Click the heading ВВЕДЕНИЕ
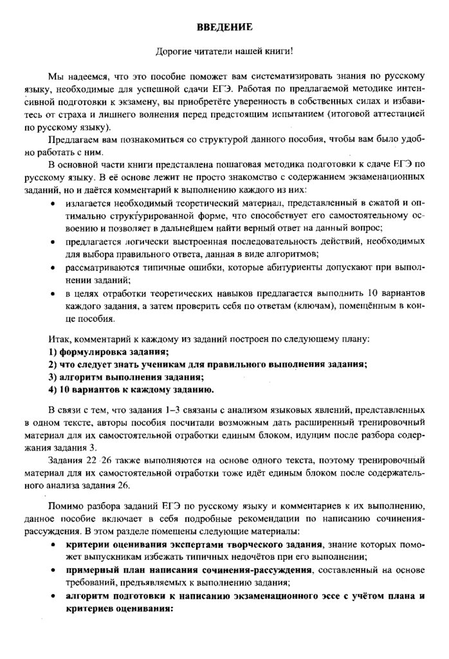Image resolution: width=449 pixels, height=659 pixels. tap(224, 28)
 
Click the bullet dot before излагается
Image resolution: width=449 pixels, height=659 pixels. tap(52, 205)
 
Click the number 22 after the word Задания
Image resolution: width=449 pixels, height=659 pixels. tap(92, 462)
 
